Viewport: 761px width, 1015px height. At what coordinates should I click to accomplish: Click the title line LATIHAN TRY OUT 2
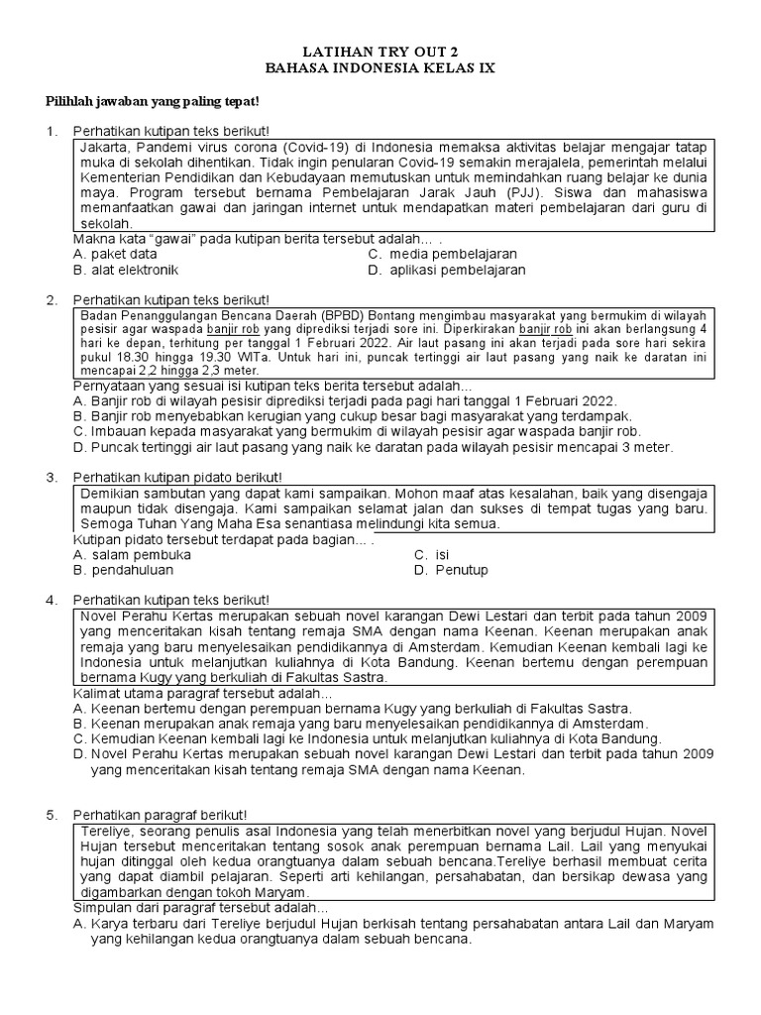[380, 53]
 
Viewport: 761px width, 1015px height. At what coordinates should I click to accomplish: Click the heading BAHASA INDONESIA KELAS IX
[380, 68]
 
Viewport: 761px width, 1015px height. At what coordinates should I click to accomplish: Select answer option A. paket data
[115, 254]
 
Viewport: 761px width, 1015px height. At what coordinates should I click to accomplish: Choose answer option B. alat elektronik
[126, 270]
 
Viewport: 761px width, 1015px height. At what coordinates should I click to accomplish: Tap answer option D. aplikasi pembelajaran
[446, 270]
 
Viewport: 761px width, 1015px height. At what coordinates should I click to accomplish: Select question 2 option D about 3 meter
[374, 447]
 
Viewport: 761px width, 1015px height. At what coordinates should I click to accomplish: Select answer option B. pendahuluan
[124, 570]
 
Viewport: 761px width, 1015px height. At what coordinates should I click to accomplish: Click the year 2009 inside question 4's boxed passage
[691, 615]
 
